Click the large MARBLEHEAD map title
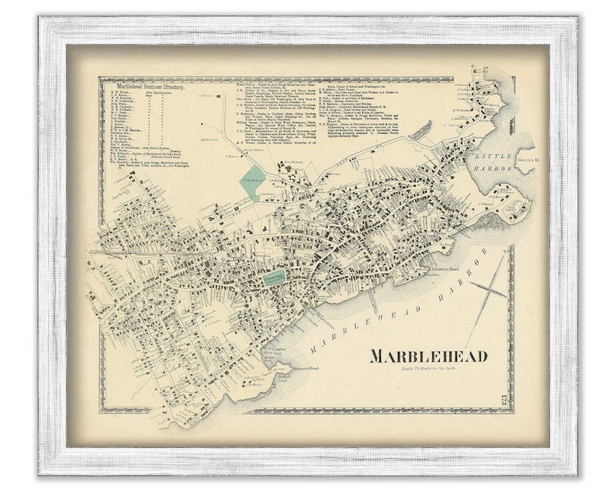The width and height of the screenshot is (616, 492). coord(428,356)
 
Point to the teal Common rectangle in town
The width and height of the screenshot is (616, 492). coord(274,277)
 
